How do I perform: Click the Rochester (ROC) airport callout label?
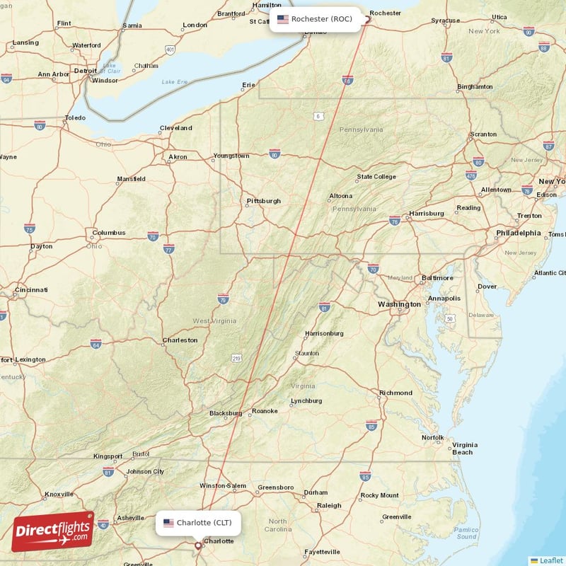pyautogui.click(x=316, y=19)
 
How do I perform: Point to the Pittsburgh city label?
pyautogui.click(x=263, y=201)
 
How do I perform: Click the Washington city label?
pyautogui.click(x=399, y=304)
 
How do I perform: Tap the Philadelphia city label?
pyautogui.click(x=518, y=233)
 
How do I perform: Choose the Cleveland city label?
pyautogui.click(x=175, y=128)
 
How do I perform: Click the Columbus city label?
pyautogui.click(x=108, y=232)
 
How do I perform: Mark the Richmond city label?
pyautogui.click(x=395, y=393)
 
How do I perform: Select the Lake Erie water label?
pyautogui.click(x=175, y=82)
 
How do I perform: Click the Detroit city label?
pyautogui.click(x=86, y=71)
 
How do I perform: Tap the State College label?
pyautogui.click(x=376, y=177)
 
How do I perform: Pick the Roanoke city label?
pyautogui.click(x=265, y=410)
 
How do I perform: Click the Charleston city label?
pyautogui.click(x=180, y=340)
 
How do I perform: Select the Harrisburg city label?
pyautogui.click(x=426, y=214)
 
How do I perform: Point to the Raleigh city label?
pyautogui.click(x=329, y=505)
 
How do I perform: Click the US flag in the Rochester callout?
pyautogui.click(x=283, y=19)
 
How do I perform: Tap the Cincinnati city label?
pyautogui.click(x=29, y=290)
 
